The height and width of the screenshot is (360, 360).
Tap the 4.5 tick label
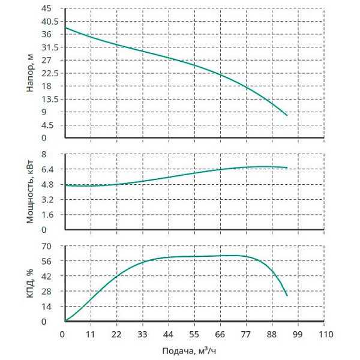pyautogui.click(x=48, y=125)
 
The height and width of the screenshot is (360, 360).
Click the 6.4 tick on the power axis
pyautogui.click(x=48, y=169)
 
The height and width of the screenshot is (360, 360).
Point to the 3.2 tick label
pyautogui.click(x=48, y=199)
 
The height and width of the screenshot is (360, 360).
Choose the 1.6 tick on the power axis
pyautogui.click(x=48, y=214)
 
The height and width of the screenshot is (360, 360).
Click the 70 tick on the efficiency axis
pyautogui.click(x=49, y=246)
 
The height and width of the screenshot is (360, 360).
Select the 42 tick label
pyautogui.click(x=49, y=276)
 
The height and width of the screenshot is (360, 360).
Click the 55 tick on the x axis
pyautogui.click(x=194, y=334)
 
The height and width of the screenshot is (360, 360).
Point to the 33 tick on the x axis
pyautogui.click(x=142, y=334)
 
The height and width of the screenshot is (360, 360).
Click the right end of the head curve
pyautogui.click(x=287, y=115)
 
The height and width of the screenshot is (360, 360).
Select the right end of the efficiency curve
pyautogui.click(x=287, y=296)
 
